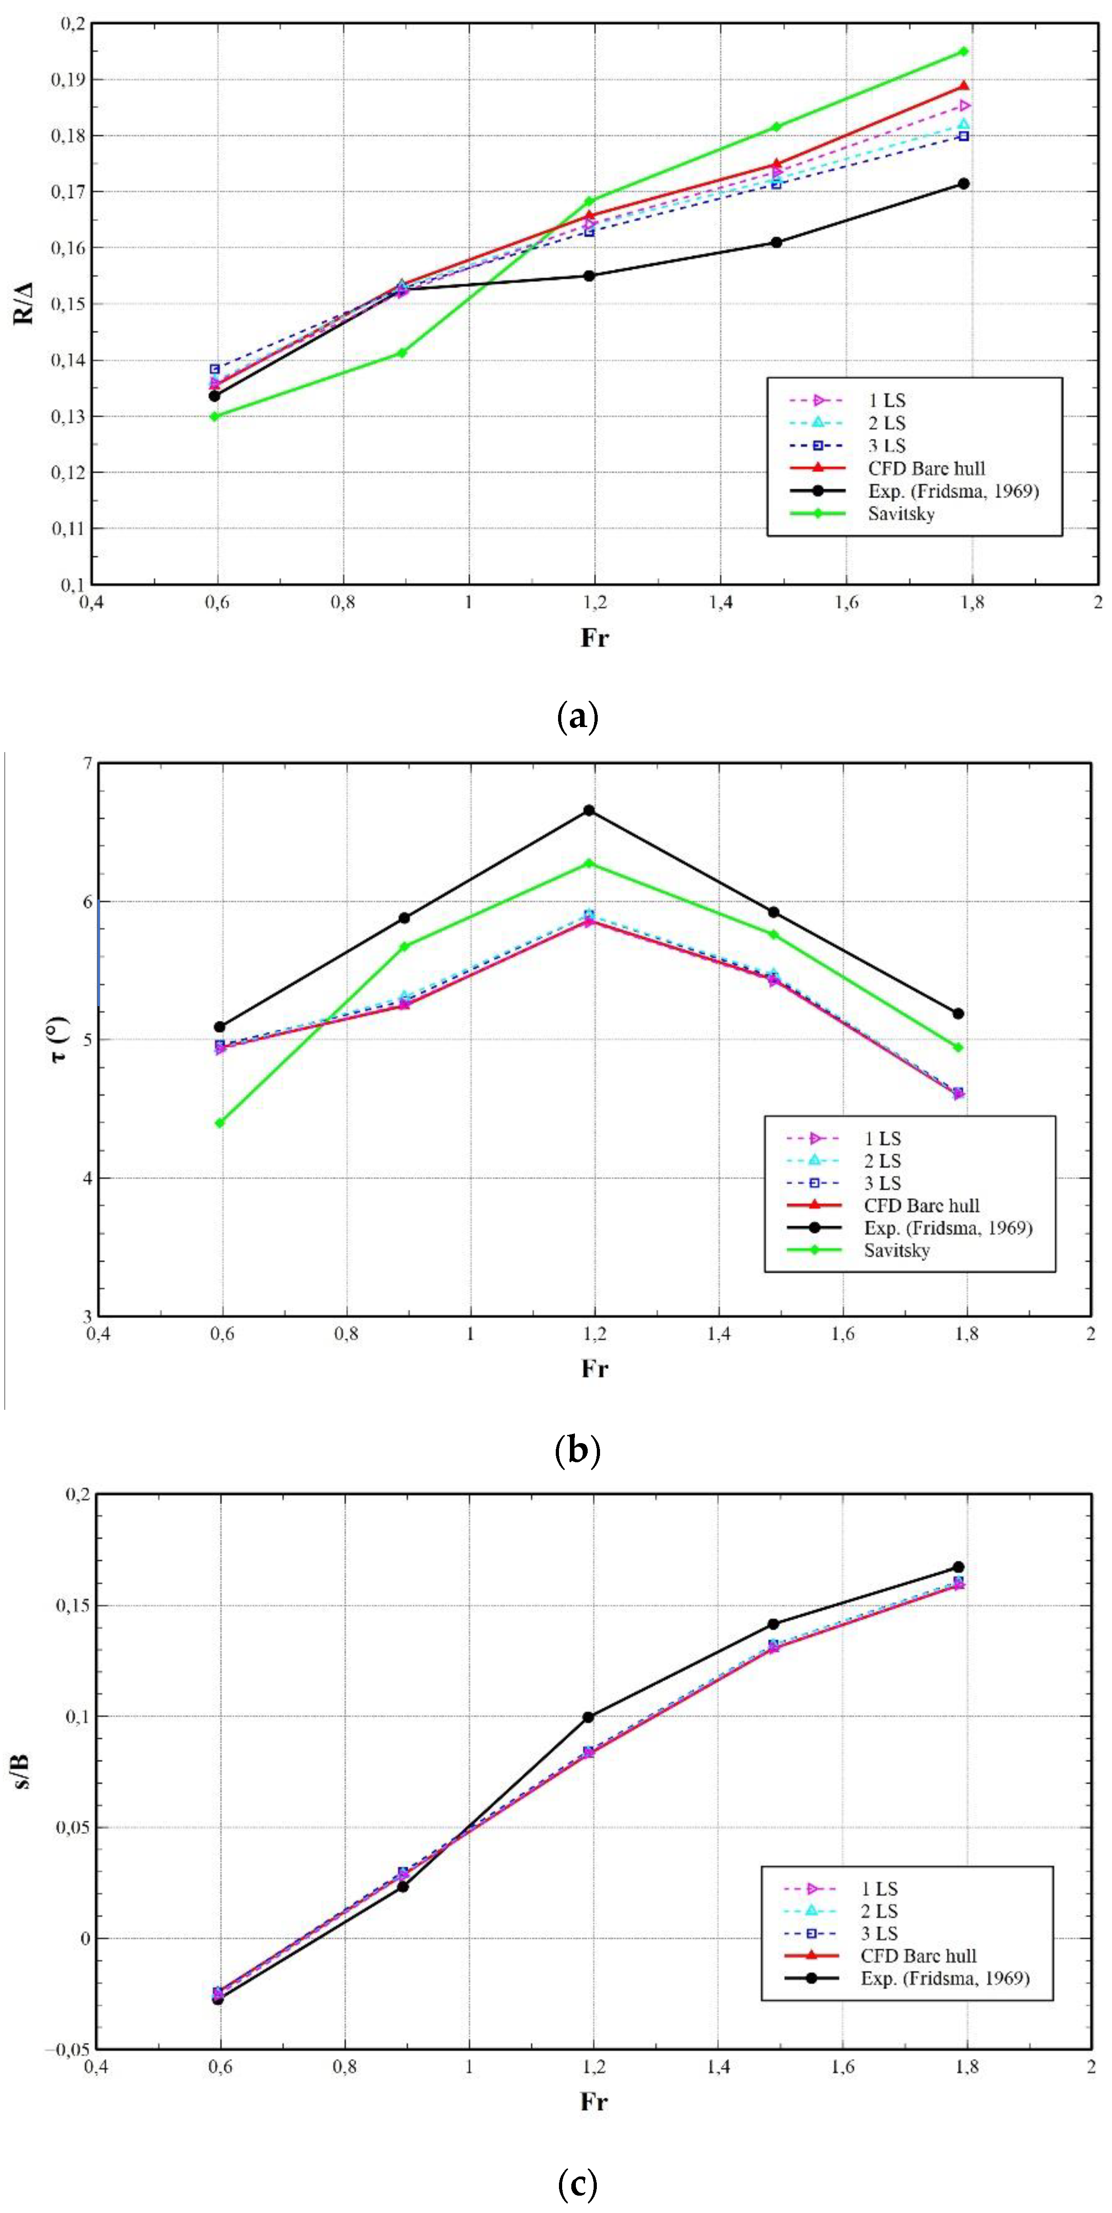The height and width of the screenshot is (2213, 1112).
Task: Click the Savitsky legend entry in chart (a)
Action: pos(900,514)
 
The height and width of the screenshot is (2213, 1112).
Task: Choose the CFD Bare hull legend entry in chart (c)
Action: pos(918,1955)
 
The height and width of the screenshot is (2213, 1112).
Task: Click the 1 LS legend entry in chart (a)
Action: pos(887,400)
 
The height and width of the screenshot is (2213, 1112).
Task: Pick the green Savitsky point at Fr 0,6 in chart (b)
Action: pos(220,1122)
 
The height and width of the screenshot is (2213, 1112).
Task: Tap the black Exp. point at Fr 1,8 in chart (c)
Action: pos(959,1567)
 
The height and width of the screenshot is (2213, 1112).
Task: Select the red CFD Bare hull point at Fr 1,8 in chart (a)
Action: pos(963,86)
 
